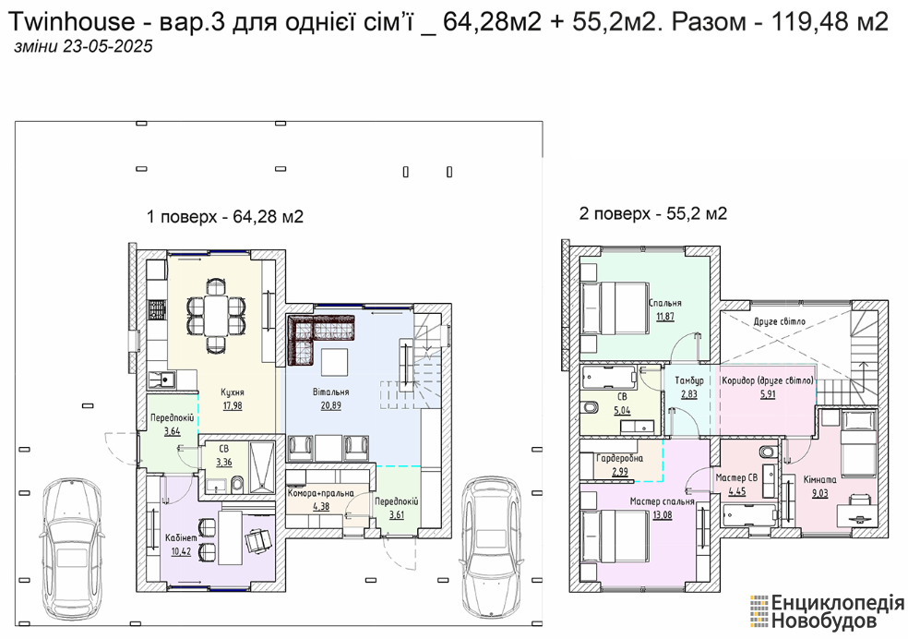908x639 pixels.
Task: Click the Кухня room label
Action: (233, 392)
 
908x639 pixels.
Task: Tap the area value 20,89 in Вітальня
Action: (330, 405)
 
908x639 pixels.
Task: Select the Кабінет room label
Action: (181, 537)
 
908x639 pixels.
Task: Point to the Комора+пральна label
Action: (321, 494)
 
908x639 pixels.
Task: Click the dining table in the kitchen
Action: (215, 315)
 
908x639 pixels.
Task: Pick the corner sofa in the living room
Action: (313, 334)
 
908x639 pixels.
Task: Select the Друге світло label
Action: (780, 321)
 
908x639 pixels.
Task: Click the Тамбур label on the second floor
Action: (689, 380)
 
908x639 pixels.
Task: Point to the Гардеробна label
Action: (619, 458)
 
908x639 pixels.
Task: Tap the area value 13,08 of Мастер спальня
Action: (662, 514)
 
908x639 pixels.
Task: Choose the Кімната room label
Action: (820, 479)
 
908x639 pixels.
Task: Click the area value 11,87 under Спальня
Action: (664, 317)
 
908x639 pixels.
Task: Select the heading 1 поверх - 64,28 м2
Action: (225, 217)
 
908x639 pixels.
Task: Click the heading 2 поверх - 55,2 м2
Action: (653, 214)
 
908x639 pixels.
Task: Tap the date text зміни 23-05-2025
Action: (83, 46)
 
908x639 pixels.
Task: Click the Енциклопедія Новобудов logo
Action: (828, 612)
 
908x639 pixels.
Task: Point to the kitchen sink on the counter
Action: (162, 380)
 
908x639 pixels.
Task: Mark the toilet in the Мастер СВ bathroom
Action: (768, 452)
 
